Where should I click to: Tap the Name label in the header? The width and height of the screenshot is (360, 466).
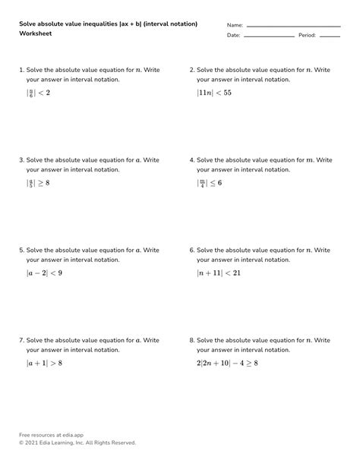click(235, 25)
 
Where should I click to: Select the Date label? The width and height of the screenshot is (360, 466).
click(233, 36)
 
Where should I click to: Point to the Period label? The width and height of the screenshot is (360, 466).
click(307, 36)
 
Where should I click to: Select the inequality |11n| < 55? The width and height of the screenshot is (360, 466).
click(213, 93)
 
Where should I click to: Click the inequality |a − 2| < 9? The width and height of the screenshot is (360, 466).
click(44, 273)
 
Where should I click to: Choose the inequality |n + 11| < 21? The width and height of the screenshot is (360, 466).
click(219, 273)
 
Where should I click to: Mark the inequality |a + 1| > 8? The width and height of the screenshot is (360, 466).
click(44, 364)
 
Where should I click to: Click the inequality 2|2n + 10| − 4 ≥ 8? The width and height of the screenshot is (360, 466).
click(227, 364)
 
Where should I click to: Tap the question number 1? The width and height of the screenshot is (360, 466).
click(21, 70)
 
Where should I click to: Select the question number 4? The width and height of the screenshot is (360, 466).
click(191, 160)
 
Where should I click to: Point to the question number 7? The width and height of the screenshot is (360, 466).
click(21, 341)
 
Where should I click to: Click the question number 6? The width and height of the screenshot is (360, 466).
click(191, 250)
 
